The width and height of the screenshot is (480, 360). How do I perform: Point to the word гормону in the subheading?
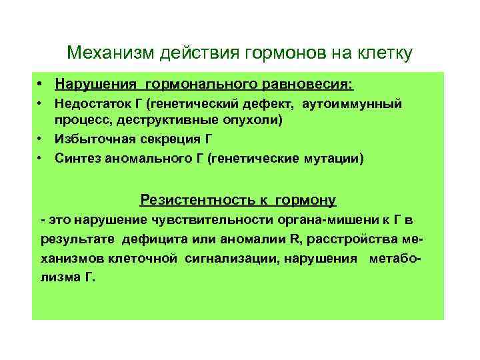(309, 200)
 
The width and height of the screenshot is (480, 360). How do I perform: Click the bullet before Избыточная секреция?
(41, 139)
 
